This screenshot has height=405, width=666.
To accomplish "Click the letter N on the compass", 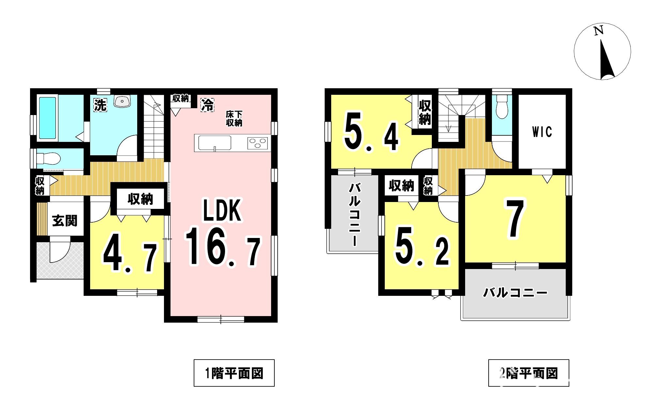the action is [598, 31].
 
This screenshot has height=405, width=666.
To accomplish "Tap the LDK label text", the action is [222, 211].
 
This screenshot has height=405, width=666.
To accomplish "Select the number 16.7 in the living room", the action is [223, 247].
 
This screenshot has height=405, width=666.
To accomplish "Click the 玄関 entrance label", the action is [65, 221].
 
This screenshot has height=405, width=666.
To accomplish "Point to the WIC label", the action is [542, 132].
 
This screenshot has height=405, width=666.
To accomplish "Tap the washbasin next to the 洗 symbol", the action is [122, 101].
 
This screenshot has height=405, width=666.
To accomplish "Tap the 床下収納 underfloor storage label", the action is [234, 119].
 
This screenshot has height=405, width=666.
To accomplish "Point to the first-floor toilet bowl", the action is [49, 159].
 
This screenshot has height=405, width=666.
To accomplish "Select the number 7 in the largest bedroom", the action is [515, 218].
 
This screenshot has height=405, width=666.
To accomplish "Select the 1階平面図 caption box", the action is [234, 373].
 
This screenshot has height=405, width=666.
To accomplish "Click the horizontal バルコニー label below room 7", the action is [515, 293].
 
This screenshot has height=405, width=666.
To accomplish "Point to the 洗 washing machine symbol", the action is [100, 105].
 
